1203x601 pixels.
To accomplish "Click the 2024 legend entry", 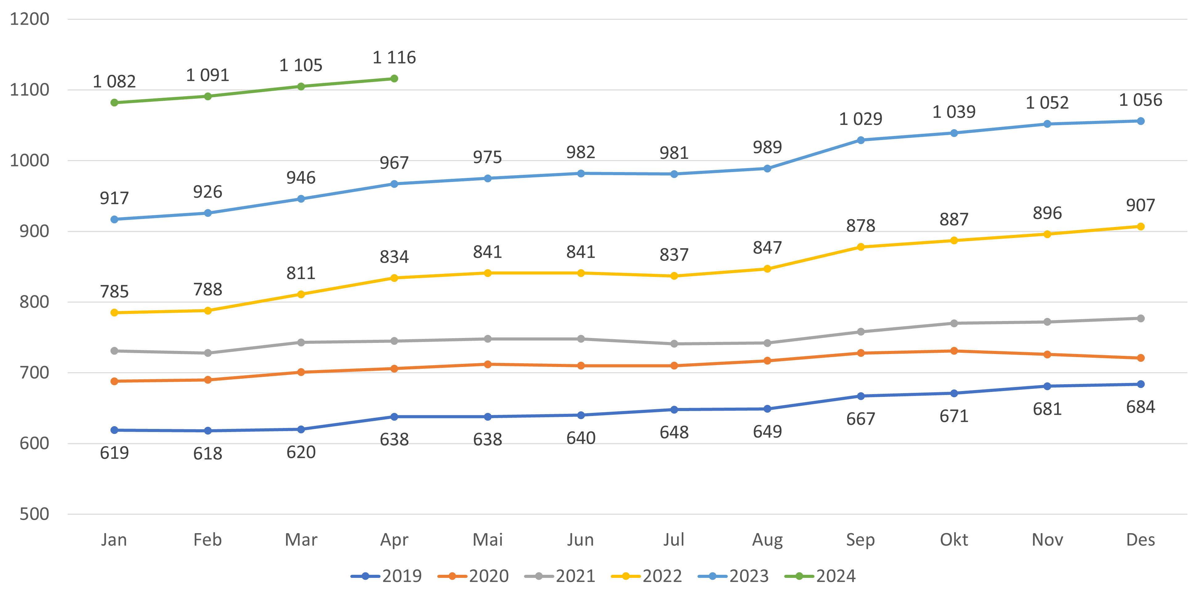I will pyautogui.click(x=821, y=576).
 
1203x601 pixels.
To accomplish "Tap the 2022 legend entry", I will pyautogui.click(x=647, y=576).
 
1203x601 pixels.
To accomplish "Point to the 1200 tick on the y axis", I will pyautogui.click(x=29, y=19).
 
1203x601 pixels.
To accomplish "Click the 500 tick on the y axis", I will pyautogui.click(x=34, y=514).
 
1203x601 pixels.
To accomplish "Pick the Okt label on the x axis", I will pyautogui.click(x=954, y=540).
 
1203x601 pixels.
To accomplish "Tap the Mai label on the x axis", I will pyautogui.click(x=488, y=540).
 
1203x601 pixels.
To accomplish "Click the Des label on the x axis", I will pyautogui.click(x=1140, y=540).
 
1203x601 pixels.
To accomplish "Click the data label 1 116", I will pyautogui.click(x=394, y=57).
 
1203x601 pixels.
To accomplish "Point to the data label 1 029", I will pyautogui.click(x=861, y=119).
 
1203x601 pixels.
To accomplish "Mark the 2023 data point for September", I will pyautogui.click(x=861, y=140).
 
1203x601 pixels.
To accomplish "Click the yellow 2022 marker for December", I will pyautogui.click(x=1140, y=226).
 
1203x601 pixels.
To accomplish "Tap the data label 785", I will pyautogui.click(x=114, y=292).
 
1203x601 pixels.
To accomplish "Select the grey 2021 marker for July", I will pyautogui.click(x=674, y=344).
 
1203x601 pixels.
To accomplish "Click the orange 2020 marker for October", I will pyautogui.click(x=954, y=351).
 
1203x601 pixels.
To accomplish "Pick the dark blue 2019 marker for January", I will pyautogui.click(x=114, y=430).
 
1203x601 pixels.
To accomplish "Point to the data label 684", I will pyautogui.click(x=1140, y=407).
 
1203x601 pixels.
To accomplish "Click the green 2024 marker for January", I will pyautogui.click(x=114, y=103).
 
